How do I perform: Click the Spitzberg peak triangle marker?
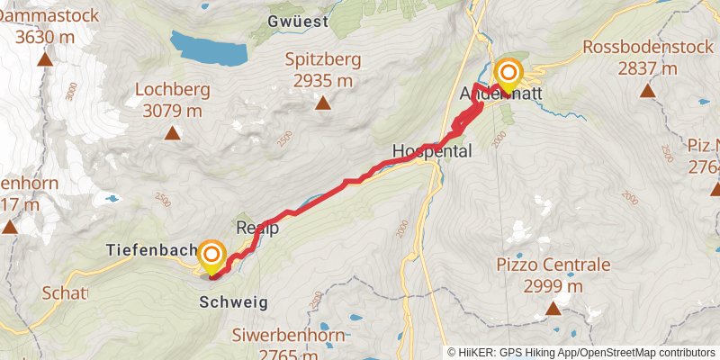(x=323, y=103)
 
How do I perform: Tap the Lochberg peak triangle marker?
(x=171, y=134)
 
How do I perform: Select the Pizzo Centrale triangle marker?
(x=553, y=310)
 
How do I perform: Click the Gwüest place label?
(x=298, y=20)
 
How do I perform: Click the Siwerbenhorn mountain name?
(x=277, y=337)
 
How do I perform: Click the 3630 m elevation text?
(x=44, y=37)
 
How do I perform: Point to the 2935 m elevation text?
(x=323, y=81)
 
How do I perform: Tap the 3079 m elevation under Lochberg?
(x=172, y=111)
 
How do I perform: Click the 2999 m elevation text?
(x=553, y=286)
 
